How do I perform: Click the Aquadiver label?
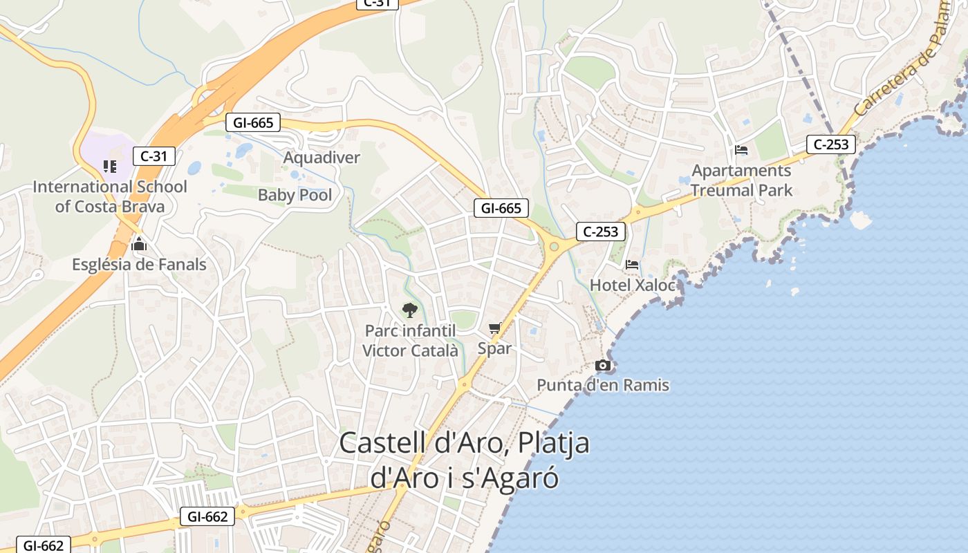point(322,158)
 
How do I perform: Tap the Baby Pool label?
point(295,195)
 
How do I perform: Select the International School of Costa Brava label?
point(110,196)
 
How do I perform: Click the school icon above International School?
point(109,166)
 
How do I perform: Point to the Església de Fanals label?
point(139,264)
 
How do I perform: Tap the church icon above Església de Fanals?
point(139,244)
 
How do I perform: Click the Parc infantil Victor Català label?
point(410,341)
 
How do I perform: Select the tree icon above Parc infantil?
point(409,310)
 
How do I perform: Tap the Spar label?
point(494,348)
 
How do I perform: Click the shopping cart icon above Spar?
point(494,328)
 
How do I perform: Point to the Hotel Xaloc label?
point(632,285)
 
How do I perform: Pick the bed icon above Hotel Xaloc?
point(632,264)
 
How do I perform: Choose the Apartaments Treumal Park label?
point(741,180)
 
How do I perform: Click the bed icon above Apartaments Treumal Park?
point(741,149)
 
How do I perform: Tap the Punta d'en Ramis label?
point(603,385)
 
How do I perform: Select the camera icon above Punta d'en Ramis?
point(603,365)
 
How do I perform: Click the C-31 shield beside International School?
point(153,156)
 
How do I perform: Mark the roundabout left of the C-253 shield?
point(553,246)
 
